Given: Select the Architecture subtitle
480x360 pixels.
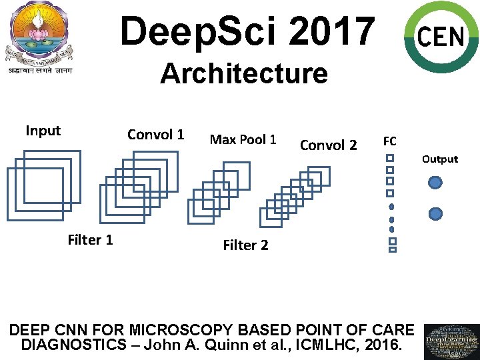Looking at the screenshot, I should pyautogui.click(x=244, y=73).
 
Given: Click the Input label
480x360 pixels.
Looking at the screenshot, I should pyautogui.click(x=43, y=131).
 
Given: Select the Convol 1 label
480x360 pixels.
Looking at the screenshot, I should pyautogui.click(x=155, y=135).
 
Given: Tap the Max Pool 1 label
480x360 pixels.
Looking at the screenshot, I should pyautogui.click(x=243, y=139).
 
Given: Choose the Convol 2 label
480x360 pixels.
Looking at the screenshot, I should pyautogui.click(x=328, y=145).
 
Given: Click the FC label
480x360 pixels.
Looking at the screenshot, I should pyautogui.click(x=390, y=141).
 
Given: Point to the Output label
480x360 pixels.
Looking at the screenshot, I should pyautogui.click(x=439, y=159).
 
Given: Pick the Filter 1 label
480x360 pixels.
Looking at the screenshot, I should pyautogui.click(x=90, y=240).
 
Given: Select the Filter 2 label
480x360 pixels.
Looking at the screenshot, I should pyautogui.click(x=245, y=245).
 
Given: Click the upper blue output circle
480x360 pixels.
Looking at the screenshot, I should pyautogui.click(x=435, y=182).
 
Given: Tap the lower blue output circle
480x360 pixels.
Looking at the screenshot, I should pyautogui.click(x=435, y=213).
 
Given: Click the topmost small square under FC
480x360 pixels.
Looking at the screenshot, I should pyautogui.click(x=391, y=159).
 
